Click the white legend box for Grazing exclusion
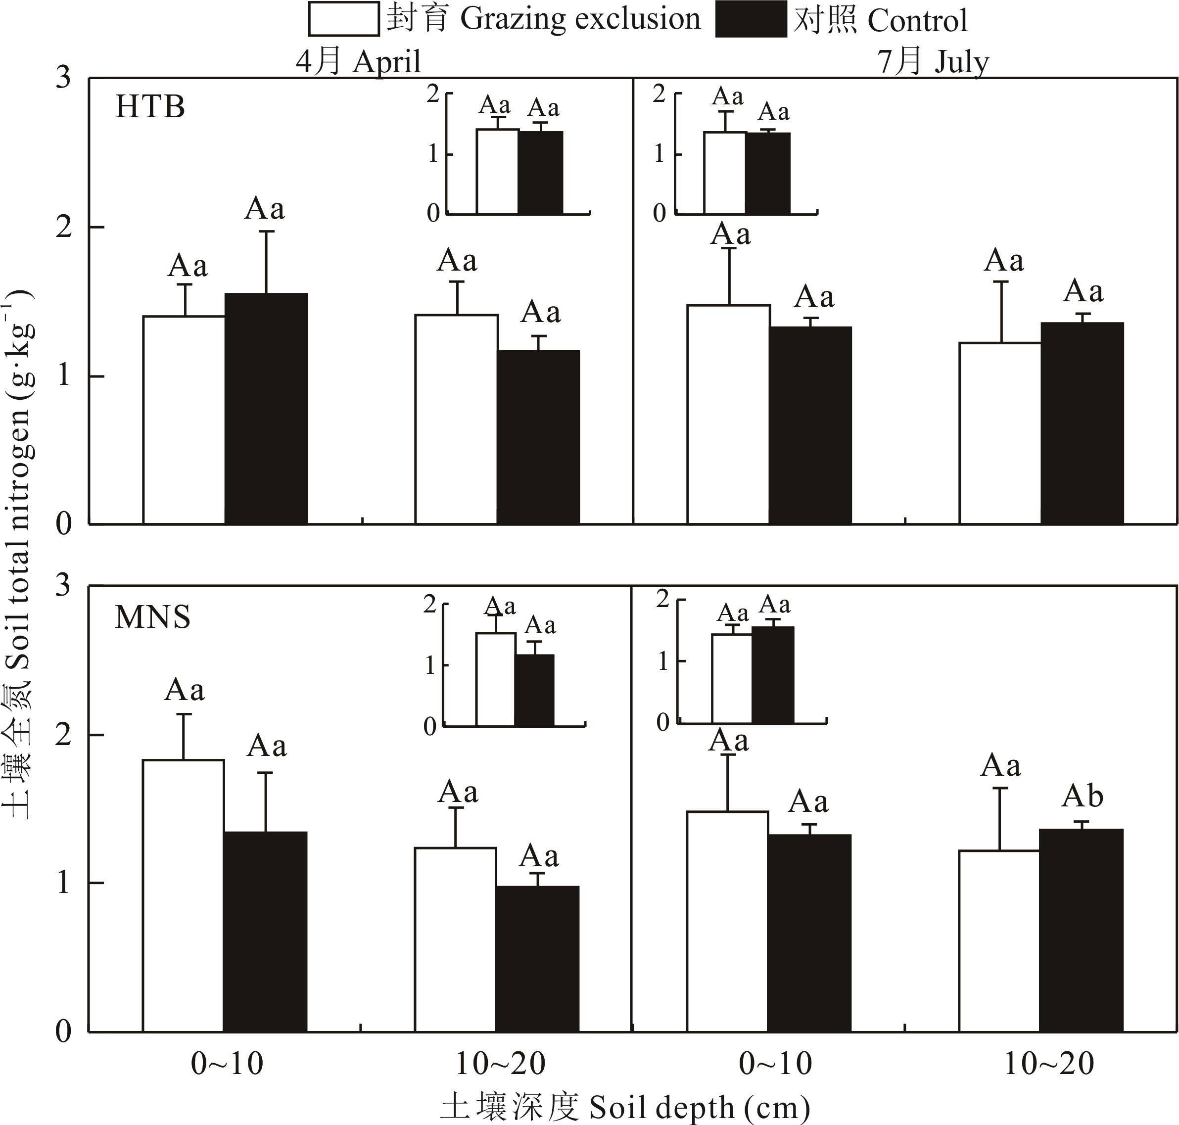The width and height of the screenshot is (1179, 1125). click(343, 19)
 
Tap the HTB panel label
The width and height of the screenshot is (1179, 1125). click(150, 107)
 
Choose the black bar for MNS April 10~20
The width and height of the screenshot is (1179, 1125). click(537, 959)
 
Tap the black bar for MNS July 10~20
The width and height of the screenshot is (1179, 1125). click(1081, 930)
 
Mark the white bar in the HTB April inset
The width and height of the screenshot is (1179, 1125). click(497, 172)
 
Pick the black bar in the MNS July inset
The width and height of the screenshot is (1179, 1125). click(772, 675)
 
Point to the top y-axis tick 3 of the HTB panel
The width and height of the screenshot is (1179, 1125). click(63, 78)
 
